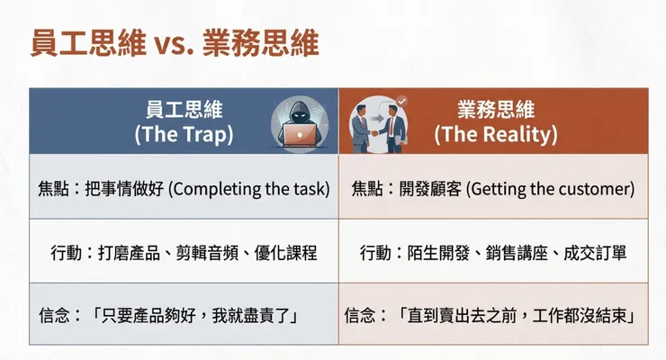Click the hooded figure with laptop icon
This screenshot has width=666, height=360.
(x=297, y=121)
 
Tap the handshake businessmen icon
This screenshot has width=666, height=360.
(x=378, y=121)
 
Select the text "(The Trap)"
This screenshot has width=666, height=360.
(x=183, y=135)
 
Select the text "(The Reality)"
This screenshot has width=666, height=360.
(x=496, y=135)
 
